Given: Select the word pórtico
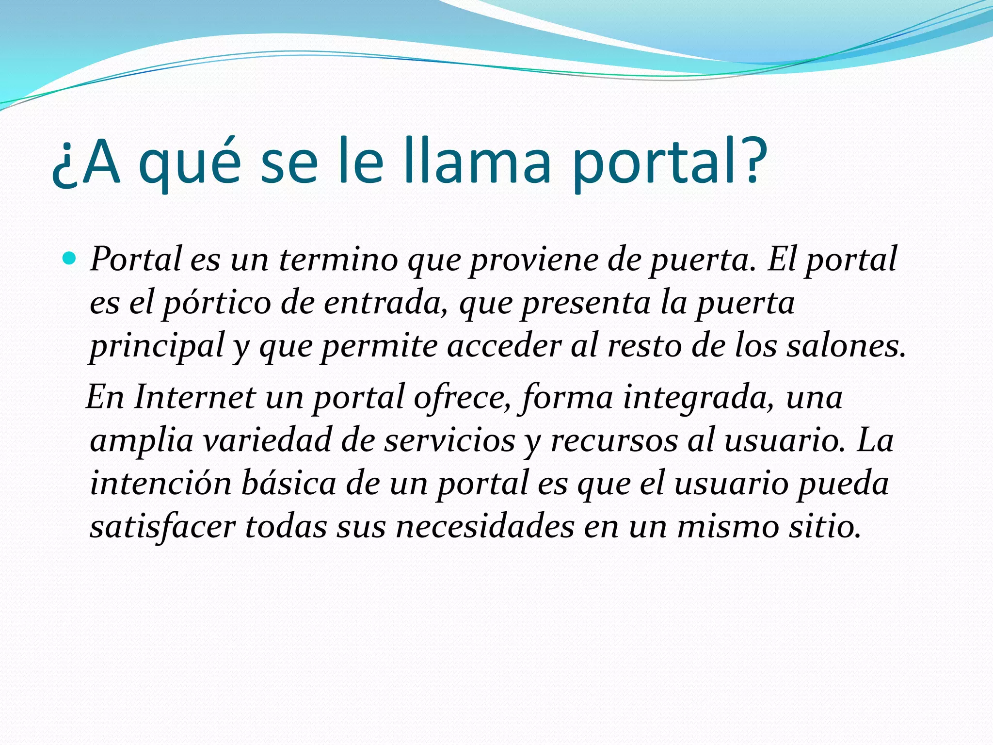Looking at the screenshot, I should point(216,304).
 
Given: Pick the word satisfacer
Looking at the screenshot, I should point(162,527).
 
